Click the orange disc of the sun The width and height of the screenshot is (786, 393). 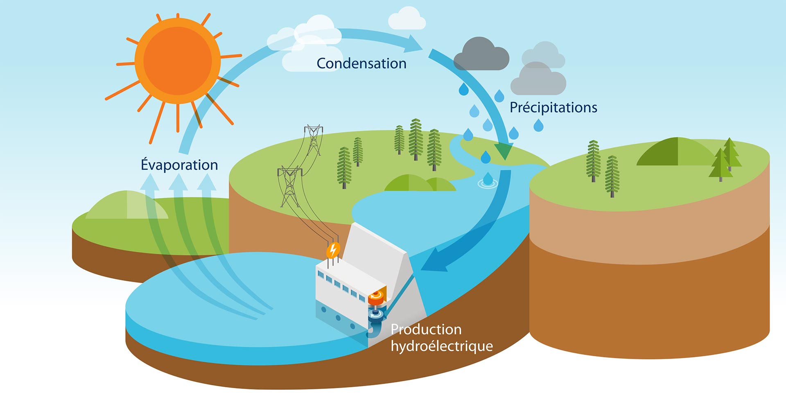point(178,61)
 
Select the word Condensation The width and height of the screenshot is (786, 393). point(361,63)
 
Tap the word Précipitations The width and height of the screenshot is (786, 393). point(553,107)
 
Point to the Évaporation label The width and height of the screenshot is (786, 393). point(179,165)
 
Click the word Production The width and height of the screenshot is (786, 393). point(426,329)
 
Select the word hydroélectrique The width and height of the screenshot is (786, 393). point(442,346)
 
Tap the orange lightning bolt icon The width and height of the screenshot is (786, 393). point(333,249)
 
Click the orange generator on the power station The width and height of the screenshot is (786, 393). point(377,298)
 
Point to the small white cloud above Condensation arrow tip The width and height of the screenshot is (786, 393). point(407,19)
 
